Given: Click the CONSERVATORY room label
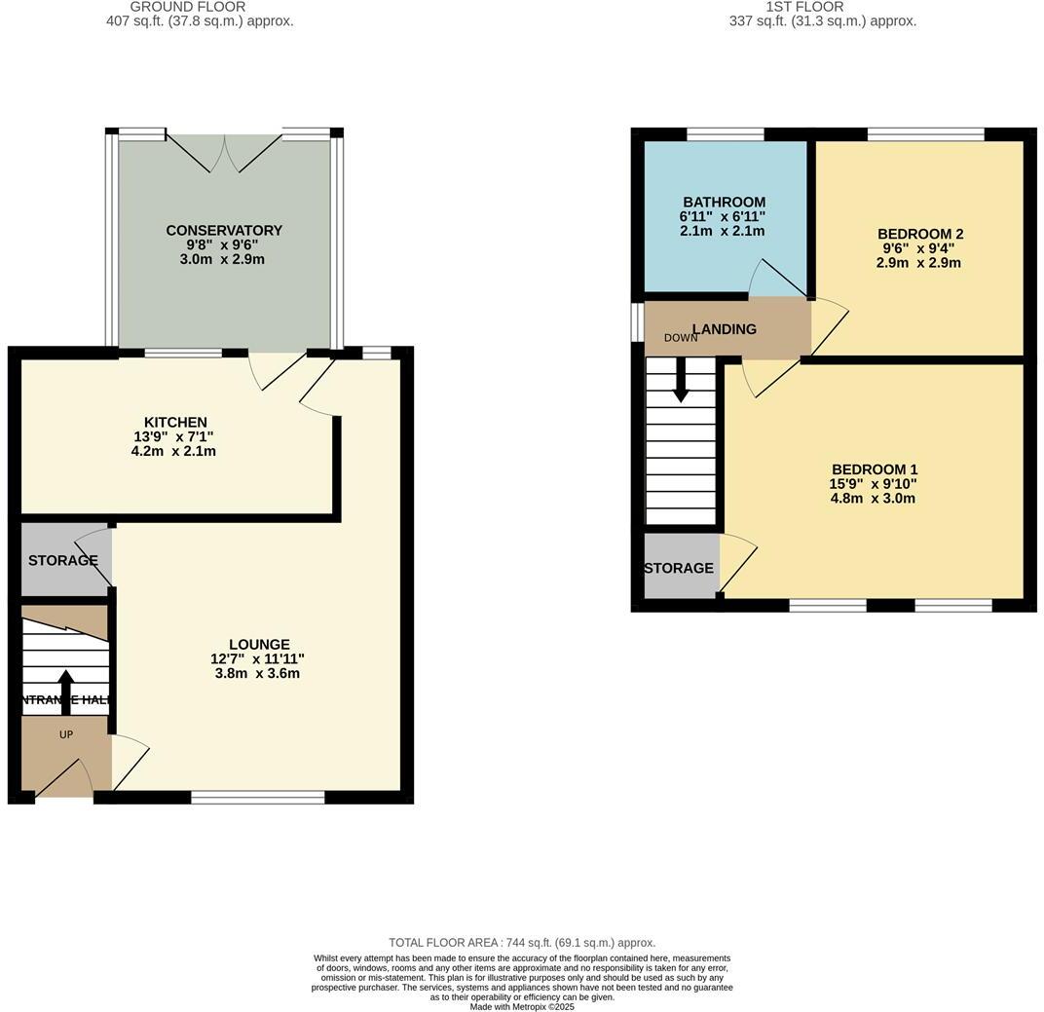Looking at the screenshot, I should pyautogui.click(x=224, y=231).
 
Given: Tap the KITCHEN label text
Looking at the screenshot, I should pyautogui.click(x=175, y=423).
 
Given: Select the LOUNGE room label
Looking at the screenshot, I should pyautogui.click(x=259, y=645).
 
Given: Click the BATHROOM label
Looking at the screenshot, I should pyautogui.click(x=724, y=203).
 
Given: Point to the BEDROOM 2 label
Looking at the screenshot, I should pyautogui.click(x=919, y=234).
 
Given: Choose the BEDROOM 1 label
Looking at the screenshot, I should pyautogui.click(x=873, y=469).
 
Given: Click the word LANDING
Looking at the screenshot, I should pyautogui.click(x=725, y=329).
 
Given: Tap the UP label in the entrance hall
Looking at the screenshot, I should pyautogui.click(x=66, y=734).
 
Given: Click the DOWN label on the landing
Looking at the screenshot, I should pyautogui.click(x=681, y=338).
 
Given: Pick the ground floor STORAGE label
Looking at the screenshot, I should pyautogui.click(x=62, y=561).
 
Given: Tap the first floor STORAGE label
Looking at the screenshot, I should pyautogui.click(x=679, y=568).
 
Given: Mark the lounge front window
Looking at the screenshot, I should pyautogui.click(x=258, y=798).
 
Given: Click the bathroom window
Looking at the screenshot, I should pyautogui.click(x=725, y=134).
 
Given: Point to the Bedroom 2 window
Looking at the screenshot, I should pyautogui.click(x=925, y=134).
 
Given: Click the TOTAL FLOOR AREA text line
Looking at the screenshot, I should pyautogui.click(x=522, y=943).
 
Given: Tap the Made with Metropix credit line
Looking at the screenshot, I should pyautogui.click(x=522, y=1007).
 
